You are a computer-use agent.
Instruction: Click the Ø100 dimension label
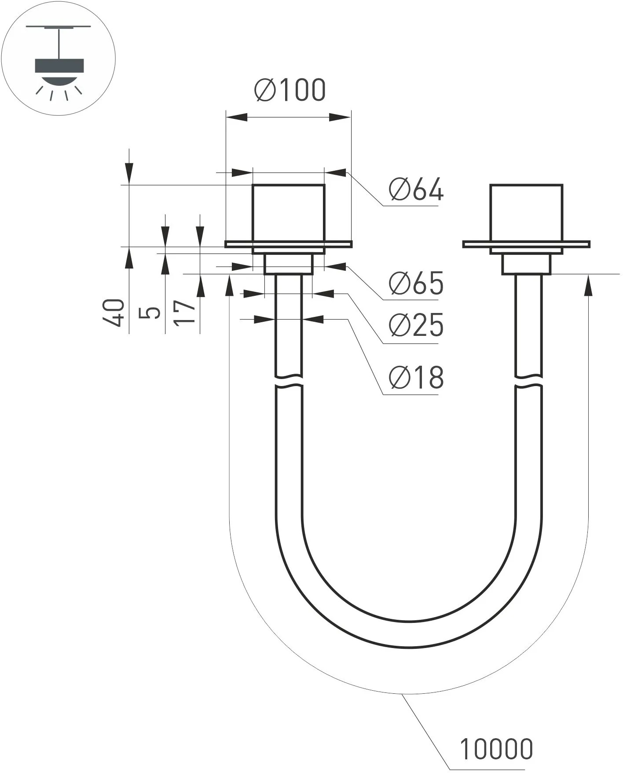[290, 90]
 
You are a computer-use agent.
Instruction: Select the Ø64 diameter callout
[416, 191]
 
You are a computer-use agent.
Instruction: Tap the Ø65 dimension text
[416, 283]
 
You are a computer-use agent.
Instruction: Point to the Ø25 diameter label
[416, 326]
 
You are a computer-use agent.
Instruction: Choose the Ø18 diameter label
[416, 377]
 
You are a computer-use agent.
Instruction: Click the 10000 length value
[496, 749]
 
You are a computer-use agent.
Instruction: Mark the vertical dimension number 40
[114, 313]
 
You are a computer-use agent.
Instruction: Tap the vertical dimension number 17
[185, 313]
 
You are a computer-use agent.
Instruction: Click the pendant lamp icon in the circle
[59, 66]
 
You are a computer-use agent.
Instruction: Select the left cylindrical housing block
[289, 213]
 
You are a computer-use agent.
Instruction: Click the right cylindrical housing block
[526, 213]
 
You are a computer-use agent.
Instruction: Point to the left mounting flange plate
[289, 244]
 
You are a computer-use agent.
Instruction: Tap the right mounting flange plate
[526, 244]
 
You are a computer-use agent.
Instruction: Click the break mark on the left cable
[289, 382]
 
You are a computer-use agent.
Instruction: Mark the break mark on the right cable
[528, 382]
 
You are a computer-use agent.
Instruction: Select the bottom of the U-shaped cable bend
[409, 634]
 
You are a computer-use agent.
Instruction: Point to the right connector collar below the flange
[526, 264]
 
